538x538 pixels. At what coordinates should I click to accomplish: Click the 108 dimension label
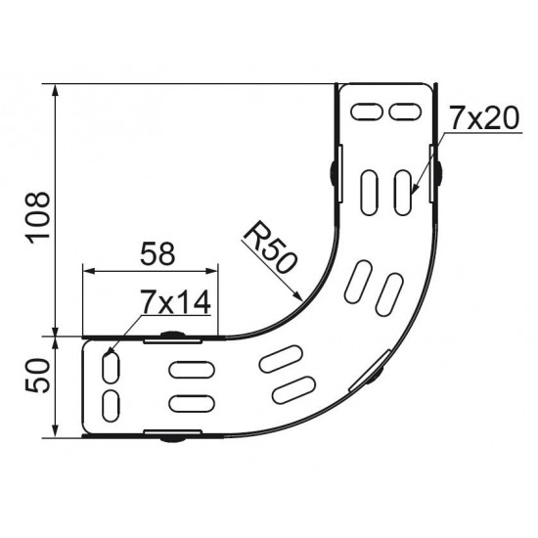point(39,217)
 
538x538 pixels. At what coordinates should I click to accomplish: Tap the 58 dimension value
point(157,253)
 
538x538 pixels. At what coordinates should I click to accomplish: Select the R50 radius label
point(270,247)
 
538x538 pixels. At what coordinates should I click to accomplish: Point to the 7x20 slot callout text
point(484,118)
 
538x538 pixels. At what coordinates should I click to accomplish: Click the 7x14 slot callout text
point(175,302)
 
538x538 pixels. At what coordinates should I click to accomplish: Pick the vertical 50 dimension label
point(38,375)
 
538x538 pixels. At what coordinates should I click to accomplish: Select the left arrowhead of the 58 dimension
point(88,271)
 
